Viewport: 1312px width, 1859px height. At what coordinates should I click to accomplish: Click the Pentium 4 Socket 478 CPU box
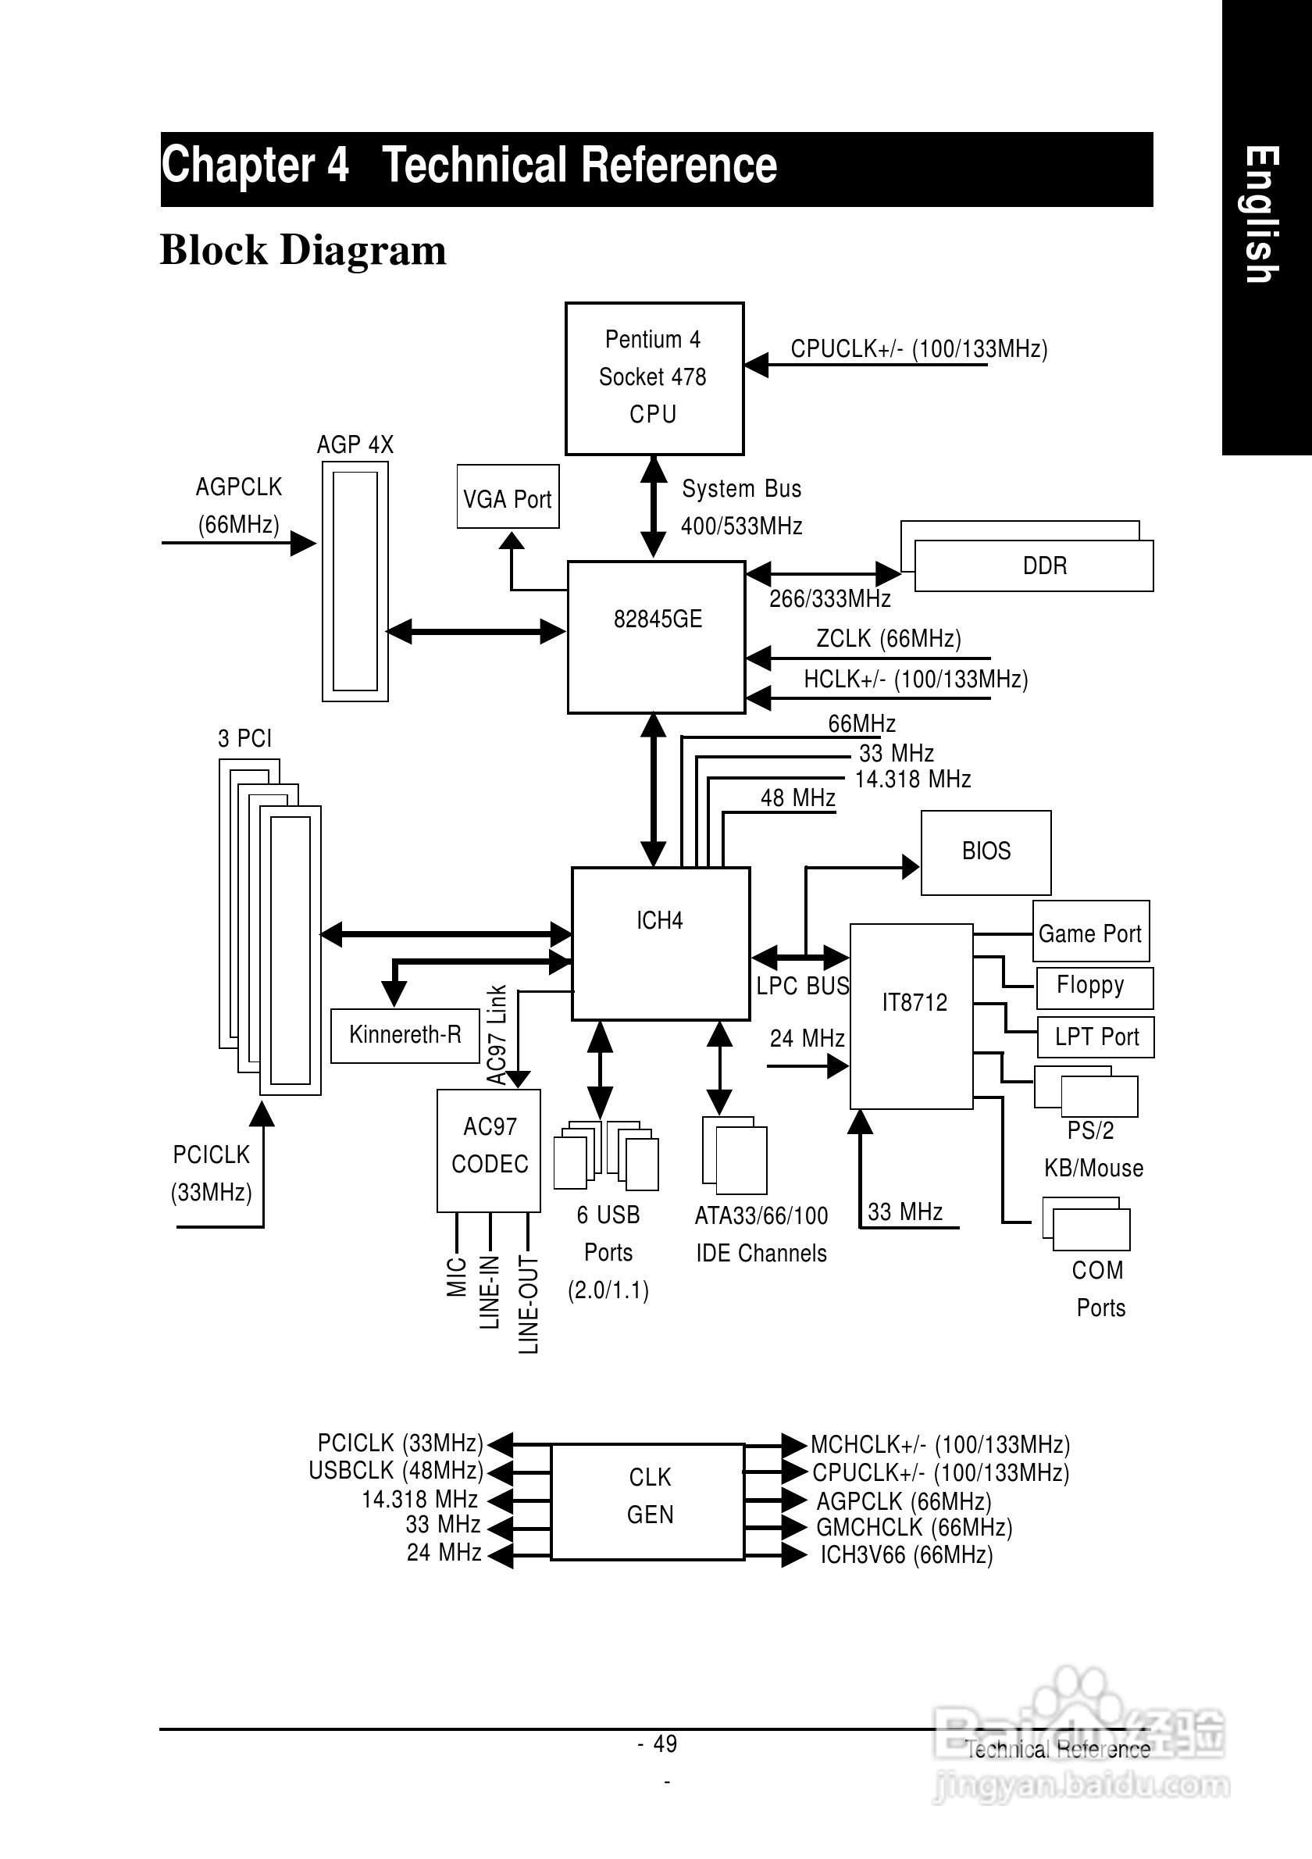pyautogui.click(x=654, y=378)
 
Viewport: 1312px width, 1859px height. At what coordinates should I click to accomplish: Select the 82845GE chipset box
pyautogui.click(x=657, y=637)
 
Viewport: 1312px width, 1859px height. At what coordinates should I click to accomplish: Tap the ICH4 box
pyautogui.click(x=661, y=944)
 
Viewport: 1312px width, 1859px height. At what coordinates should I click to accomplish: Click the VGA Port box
pyautogui.click(x=508, y=496)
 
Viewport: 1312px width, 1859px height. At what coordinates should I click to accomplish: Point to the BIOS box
pyautogui.click(x=986, y=851)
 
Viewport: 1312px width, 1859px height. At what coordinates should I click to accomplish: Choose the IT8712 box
pyautogui.click(x=911, y=1015)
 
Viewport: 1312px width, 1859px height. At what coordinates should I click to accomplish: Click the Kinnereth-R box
pyautogui.click(x=405, y=1035)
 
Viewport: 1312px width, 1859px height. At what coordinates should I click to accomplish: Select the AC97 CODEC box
pyautogui.click(x=489, y=1150)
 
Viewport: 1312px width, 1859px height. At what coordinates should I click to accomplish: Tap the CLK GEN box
pyautogui.click(x=647, y=1501)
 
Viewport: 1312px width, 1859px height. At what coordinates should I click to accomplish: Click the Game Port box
pyautogui.click(x=1090, y=932)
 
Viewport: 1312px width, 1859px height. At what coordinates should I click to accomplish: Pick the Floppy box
pyautogui.click(x=1093, y=987)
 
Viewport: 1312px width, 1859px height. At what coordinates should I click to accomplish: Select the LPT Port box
pyautogui.click(x=1096, y=1037)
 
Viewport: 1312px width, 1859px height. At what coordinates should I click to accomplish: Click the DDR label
pyautogui.click(x=1044, y=566)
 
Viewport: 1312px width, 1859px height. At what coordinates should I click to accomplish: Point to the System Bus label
pyautogui.click(x=741, y=489)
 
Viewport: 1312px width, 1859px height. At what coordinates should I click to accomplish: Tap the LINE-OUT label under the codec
pyautogui.click(x=528, y=1304)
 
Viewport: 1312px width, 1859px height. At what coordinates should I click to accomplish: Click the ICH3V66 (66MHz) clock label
pyautogui.click(x=906, y=1554)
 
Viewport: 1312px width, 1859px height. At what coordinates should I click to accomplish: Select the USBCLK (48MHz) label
pyautogui.click(x=396, y=1469)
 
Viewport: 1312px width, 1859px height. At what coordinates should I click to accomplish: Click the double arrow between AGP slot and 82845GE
pyautogui.click(x=476, y=632)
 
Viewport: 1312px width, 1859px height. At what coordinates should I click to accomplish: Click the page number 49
pyautogui.click(x=665, y=1743)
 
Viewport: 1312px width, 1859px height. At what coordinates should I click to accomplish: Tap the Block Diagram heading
pyautogui.click(x=303, y=249)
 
